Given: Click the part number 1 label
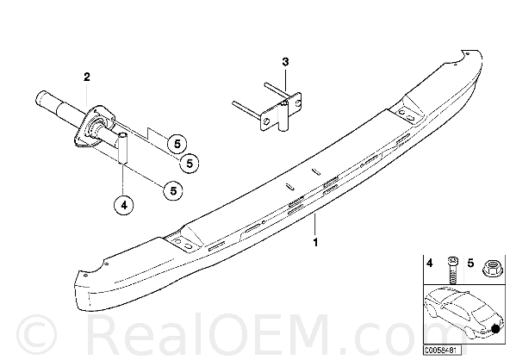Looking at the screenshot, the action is pos(314,242).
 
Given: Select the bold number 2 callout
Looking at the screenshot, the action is pos(86,77).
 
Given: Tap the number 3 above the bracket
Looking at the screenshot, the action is pos(285,62).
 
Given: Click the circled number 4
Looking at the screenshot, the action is pos(123,205).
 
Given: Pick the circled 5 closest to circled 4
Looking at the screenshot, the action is pos(173,190).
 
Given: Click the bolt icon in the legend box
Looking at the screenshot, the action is pos(452,270).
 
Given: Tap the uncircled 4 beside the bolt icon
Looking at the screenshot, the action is pos(430,263).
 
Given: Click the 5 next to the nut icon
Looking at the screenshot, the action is pos(470,263).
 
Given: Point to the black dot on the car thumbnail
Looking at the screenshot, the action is pos(495,329).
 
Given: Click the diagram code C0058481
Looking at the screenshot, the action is pos(442,351).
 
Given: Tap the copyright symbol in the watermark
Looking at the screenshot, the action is pos(37,336).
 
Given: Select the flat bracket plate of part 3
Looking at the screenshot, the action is pos(280,112).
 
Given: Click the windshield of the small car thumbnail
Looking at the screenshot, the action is pos(479,308).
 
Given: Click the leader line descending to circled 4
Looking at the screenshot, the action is pos(123,180).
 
